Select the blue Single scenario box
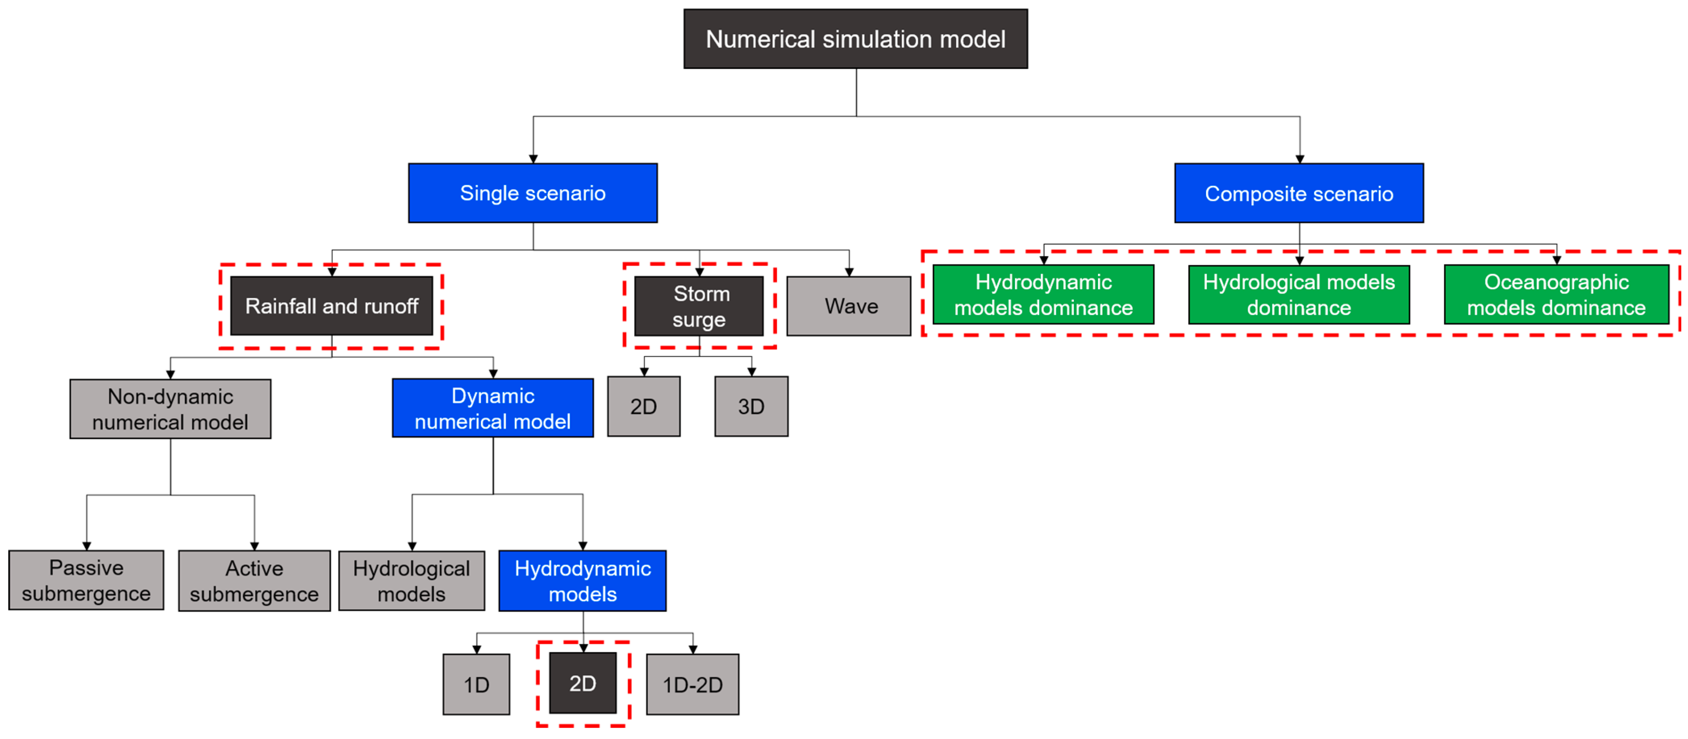pos(533,193)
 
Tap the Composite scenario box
pos(1299,193)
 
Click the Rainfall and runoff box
pos(331,306)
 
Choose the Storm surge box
pos(699,306)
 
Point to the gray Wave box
pos(848,306)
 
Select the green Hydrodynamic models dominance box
pos(1043,295)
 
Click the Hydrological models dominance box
pos(1299,295)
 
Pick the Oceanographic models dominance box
pos(1556,295)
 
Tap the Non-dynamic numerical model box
pos(170,409)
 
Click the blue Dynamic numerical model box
pos(493,408)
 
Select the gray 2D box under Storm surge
pos(644,406)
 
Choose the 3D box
pos(751,406)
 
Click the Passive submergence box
pos(86,581)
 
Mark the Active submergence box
pos(254,581)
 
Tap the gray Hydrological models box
pos(411,581)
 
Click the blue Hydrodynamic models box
pos(583,581)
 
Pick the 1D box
pos(476,685)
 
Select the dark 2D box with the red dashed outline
pos(583,683)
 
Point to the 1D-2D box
pos(693,685)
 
